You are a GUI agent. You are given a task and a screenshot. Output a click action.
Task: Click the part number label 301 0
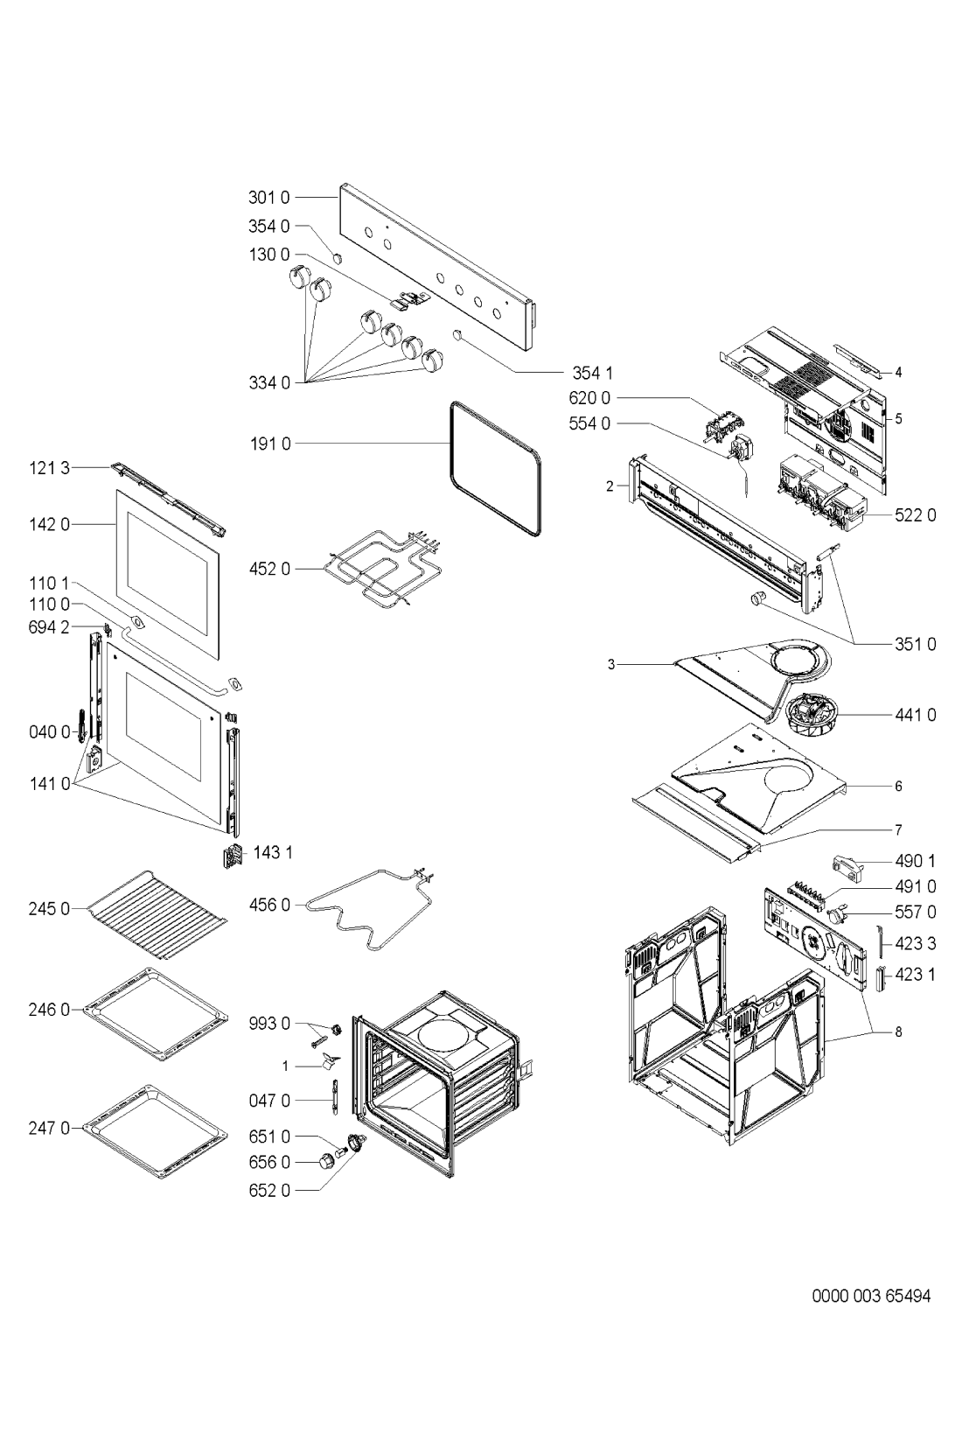click(273, 198)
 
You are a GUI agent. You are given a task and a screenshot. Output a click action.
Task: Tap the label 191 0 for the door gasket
click(273, 444)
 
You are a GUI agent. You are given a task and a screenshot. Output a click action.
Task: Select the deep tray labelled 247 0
click(157, 1132)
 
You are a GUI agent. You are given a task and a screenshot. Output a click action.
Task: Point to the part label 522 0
click(915, 514)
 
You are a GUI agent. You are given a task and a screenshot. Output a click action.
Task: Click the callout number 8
click(897, 1032)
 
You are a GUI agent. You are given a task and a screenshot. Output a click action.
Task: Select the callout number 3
click(613, 665)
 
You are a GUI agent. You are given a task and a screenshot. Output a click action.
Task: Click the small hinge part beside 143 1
click(232, 857)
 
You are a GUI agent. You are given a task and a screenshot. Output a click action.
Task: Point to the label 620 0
click(589, 398)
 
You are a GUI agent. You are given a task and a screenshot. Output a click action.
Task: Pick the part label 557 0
click(915, 912)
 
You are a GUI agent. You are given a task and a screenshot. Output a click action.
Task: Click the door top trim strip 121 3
click(167, 499)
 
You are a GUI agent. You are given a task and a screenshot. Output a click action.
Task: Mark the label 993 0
click(274, 1023)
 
